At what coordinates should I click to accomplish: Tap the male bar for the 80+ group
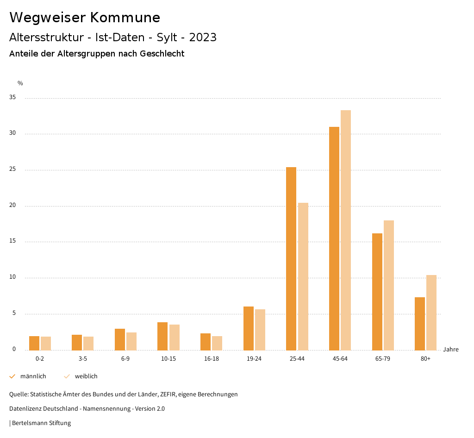point(420,324)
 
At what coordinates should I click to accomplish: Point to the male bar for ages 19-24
point(249,328)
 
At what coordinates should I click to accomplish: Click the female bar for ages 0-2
point(46,343)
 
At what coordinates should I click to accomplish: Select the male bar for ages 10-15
point(162,336)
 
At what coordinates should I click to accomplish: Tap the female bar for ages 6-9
point(131,341)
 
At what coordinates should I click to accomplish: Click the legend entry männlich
point(33,376)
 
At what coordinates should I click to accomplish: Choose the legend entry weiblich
point(86,376)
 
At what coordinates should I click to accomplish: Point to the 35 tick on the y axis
point(12,98)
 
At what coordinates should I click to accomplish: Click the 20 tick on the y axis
point(12,206)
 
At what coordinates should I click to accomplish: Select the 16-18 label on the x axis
point(211,359)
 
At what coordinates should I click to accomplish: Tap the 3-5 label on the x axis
point(83,359)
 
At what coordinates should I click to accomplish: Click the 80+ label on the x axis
point(425,359)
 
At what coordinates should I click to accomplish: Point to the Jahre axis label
point(450,350)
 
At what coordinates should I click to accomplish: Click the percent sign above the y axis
point(20,83)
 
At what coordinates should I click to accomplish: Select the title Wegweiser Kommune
point(85,18)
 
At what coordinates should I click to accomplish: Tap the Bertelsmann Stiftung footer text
point(41,423)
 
